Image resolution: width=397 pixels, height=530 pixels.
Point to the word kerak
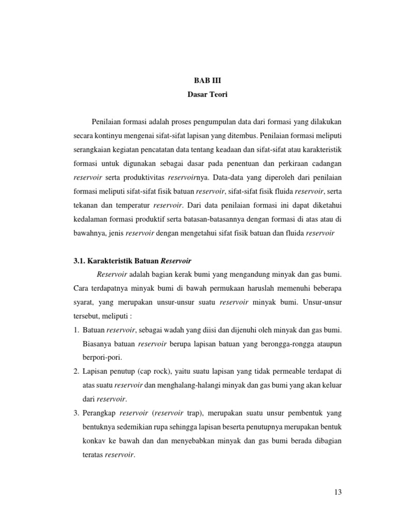[x=184, y=273]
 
